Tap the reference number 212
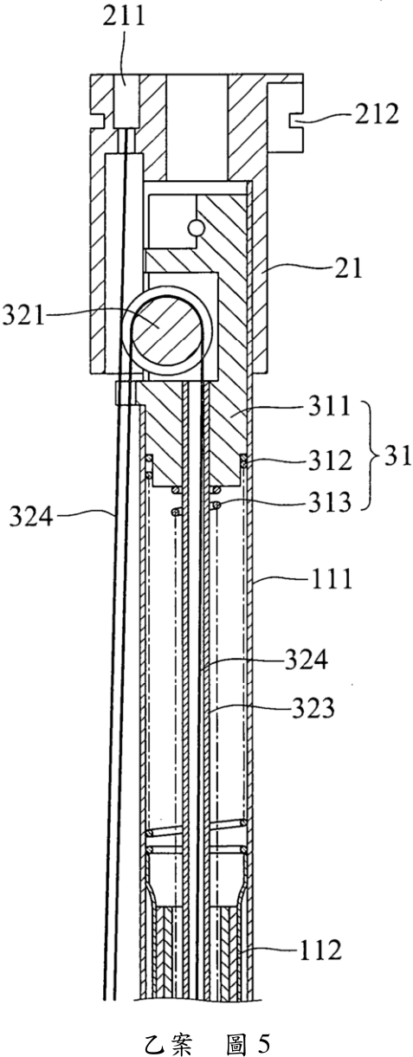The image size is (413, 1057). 377,113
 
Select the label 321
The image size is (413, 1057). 23,315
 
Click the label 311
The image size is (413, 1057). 330,405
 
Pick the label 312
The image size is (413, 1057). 330,460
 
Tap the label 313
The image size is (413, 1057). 330,502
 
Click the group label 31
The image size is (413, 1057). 397,456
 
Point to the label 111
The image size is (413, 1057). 331,578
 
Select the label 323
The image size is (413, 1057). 313,708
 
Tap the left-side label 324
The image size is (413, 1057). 30,516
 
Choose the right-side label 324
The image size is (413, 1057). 306,661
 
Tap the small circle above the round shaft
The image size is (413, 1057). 195,229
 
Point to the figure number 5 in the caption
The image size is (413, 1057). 264,1043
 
